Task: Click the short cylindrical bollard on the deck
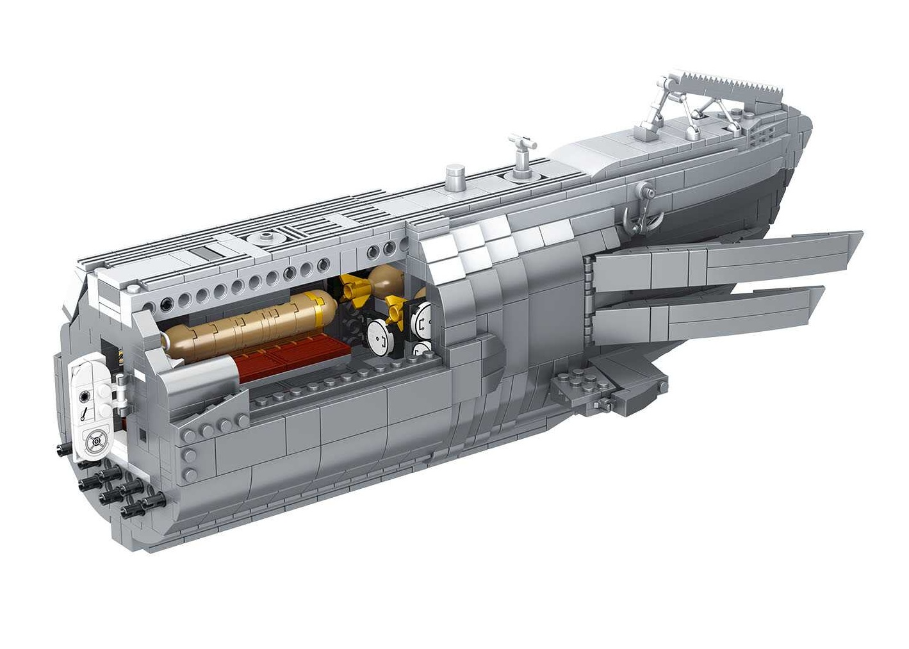(454, 174)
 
